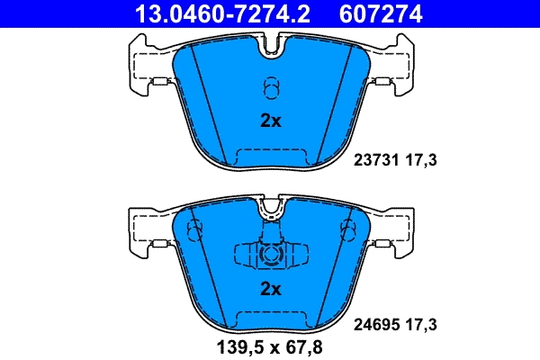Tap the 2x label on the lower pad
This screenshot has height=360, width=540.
[x=270, y=289]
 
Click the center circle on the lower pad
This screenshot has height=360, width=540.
[x=270, y=255]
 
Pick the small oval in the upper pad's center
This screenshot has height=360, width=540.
[x=270, y=86]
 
